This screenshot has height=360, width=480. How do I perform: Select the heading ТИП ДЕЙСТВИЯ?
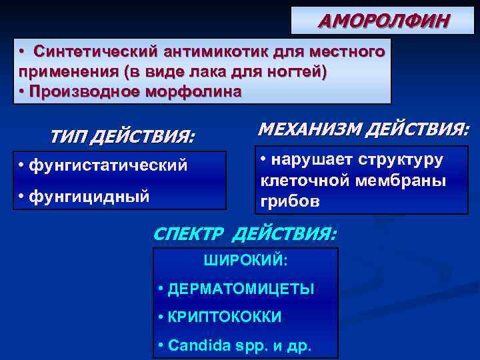tap(122, 137)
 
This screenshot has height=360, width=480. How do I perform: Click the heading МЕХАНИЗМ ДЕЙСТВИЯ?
tap(363, 129)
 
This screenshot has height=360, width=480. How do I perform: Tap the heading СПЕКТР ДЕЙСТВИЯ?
tap(245, 234)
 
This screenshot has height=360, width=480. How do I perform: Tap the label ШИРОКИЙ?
tap(245, 260)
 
